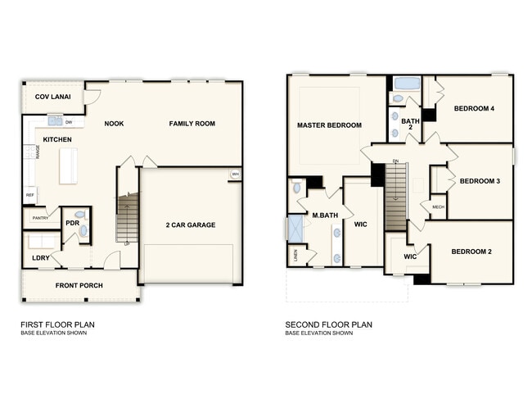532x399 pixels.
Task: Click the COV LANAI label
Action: click(x=51, y=97)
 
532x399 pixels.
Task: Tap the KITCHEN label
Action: click(x=57, y=140)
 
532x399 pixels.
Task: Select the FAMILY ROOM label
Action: click(x=192, y=124)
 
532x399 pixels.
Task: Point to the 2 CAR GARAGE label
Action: click(x=190, y=224)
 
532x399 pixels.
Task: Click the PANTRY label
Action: click(x=39, y=218)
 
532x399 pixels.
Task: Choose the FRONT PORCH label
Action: click(x=78, y=286)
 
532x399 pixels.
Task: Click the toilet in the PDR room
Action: click(x=82, y=231)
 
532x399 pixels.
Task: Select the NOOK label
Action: click(x=114, y=124)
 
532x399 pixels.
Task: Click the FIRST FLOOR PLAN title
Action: click(x=57, y=324)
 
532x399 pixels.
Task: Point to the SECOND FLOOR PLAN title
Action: click(x=328, y=324)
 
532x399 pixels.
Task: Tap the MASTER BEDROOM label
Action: click(x=329, y=125)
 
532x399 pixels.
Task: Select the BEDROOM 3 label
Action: click(x=480, y=181)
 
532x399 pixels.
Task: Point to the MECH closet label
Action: click(x=437, y=206)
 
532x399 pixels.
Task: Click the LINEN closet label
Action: click(x=294, y=253)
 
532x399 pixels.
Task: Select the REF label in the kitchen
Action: click(x=30, y=196)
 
